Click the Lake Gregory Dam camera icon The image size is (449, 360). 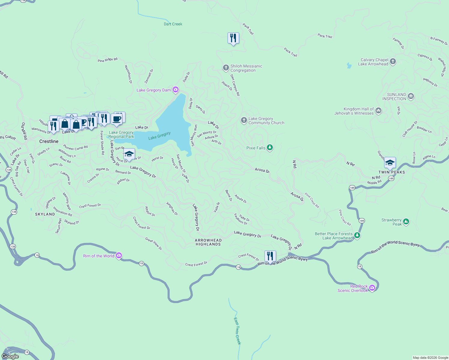(176, 90)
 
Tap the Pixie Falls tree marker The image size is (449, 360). (270, 147)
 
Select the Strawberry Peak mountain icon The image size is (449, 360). (406, 222)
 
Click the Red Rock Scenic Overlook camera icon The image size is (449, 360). (372, 288)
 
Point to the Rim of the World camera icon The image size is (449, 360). (119, 256)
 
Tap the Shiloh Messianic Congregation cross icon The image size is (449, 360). (226, 68)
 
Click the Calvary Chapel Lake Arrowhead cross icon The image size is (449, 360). (393, 62)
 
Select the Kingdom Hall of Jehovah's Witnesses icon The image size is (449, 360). (378, 111)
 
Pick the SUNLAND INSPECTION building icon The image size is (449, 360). (411, 96)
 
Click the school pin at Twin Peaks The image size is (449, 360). (390, 163)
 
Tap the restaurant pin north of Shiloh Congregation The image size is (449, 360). (233, 38)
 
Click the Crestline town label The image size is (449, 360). (49, 141)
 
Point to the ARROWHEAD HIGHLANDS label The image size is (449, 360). (208, 242)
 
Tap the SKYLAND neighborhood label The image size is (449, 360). (45, 214)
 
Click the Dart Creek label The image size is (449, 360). (173, 24)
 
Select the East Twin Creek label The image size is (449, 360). (237, 331)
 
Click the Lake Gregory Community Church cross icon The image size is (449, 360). (244, 120)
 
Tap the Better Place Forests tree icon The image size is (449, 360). (357, 235)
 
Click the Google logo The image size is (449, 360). (10, 356)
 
